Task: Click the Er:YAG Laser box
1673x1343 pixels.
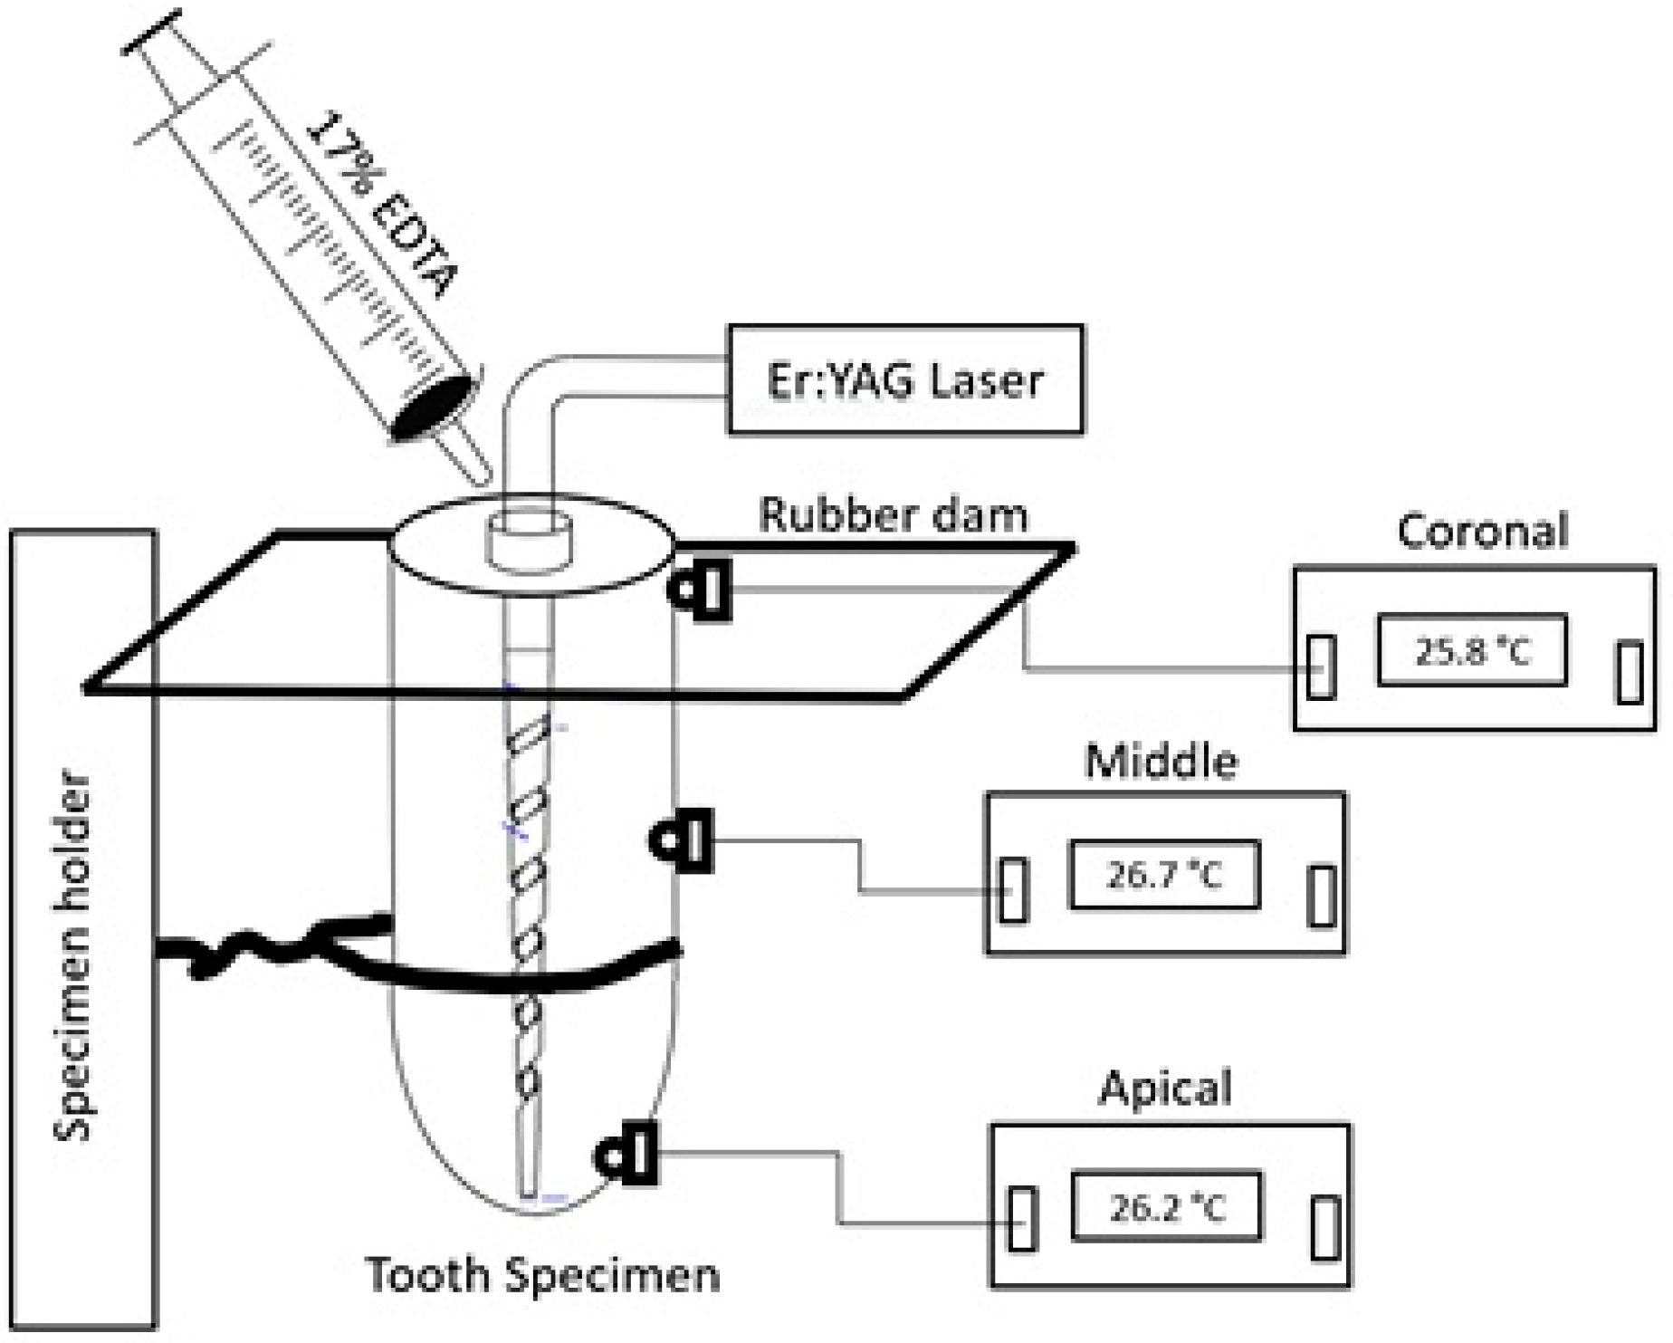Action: (x=905, y=379)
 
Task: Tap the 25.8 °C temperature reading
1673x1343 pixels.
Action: (x=1471, y=651)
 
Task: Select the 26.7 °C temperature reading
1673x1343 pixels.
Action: (x=1164, y=875)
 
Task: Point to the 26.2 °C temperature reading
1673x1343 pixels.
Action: (x=1166, y=1208)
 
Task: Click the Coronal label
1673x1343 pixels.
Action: (x=1482, y=532)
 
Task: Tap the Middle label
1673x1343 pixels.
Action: (x=1162, y=762)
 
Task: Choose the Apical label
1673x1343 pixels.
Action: (x=1165, y=1088)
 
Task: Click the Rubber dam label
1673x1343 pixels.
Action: (x=894, y=515)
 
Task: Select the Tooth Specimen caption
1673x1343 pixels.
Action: (x=542, y=1275)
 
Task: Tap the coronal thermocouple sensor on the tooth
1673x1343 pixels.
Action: (x=702, y=590)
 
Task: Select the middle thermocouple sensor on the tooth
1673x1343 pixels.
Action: (x=682, y=840)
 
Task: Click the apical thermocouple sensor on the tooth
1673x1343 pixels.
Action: (x=626, y=1154)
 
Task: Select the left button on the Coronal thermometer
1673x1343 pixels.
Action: (x=1322, y=667)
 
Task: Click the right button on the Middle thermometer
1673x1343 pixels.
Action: (x=1322, y=896)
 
